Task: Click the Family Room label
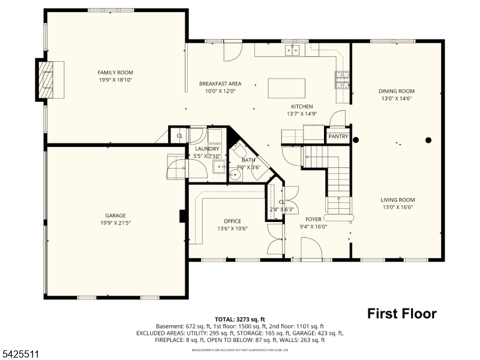coord(115,73)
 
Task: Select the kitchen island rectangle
coord(286,88)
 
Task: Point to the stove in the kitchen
coord(342,79)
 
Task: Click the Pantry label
coord(338,137)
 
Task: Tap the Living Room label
coord(397,200)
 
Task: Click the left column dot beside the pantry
coord(356,140)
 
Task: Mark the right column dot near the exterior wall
coord(428,140)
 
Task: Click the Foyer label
coord(313,219)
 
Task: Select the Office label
coord(232,221)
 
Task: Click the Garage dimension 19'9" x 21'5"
coord(115,223)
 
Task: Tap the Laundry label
coord(207,149)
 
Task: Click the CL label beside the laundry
coord(179,136)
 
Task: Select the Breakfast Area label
coord(220,84)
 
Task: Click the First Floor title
coord(401,313)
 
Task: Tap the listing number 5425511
coord(20,355)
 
